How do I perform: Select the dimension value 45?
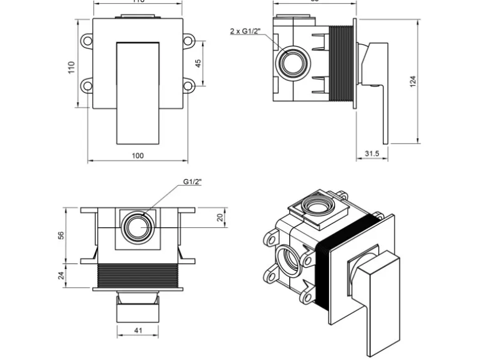tap(198, 64)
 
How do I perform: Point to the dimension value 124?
tap(413, 81)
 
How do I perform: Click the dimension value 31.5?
tap(373, 154)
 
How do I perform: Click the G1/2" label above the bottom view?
tap(193, 181)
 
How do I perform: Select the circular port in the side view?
tap(292, 63)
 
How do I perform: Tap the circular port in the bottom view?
tap(137, 225)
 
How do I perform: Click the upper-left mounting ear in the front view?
tap(87, 40)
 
